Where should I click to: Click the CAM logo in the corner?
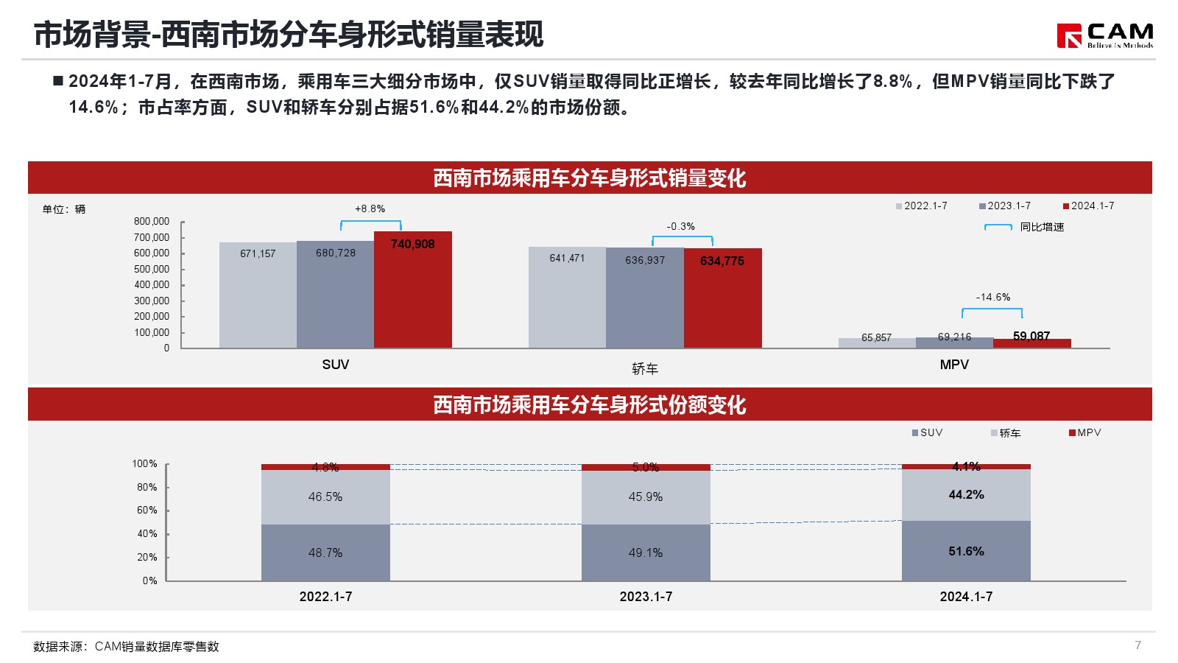pos(1104,35)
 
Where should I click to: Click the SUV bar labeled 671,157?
pos(258,295)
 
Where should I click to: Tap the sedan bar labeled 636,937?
pos(644,298)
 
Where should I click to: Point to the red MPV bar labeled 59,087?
pos(1031,343)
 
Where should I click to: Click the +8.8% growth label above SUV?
pos(370,208)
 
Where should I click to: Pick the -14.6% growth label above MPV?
pos(992,297)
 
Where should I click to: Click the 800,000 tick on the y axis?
pos(152,221)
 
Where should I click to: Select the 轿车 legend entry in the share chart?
pos(1006,433)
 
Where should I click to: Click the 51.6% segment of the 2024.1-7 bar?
pos(966,551)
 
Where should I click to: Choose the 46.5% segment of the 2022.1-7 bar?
pos(325,497)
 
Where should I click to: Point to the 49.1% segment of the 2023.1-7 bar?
pos(646,552)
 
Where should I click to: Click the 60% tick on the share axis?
pos(147,510)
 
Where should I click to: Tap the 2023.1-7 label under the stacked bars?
pos(646,597)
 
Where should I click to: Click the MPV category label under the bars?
pos(954,365)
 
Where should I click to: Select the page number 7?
pos(1138,645)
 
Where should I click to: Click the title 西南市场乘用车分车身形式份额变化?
pos(589,404)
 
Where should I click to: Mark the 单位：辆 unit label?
pos(64,209)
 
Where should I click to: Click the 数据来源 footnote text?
pos(126,646)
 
